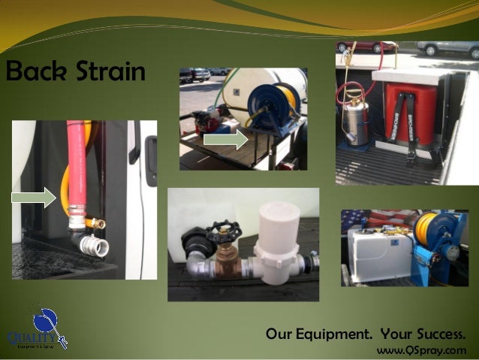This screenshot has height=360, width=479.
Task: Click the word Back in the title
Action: pos(33,74)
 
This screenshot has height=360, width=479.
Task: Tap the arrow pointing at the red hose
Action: pos(35,198)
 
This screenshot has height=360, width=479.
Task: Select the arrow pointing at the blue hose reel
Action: pos(225,140)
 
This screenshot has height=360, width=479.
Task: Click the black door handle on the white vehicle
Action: pos(151,150)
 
